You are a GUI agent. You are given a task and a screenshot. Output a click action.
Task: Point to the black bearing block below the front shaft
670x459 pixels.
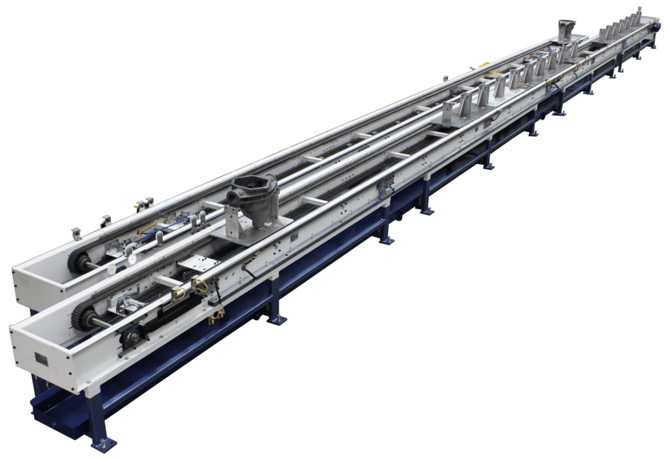130,338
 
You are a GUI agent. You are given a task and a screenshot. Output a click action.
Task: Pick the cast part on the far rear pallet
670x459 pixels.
566,28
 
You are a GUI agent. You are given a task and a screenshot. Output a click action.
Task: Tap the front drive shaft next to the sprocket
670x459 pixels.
105,322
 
